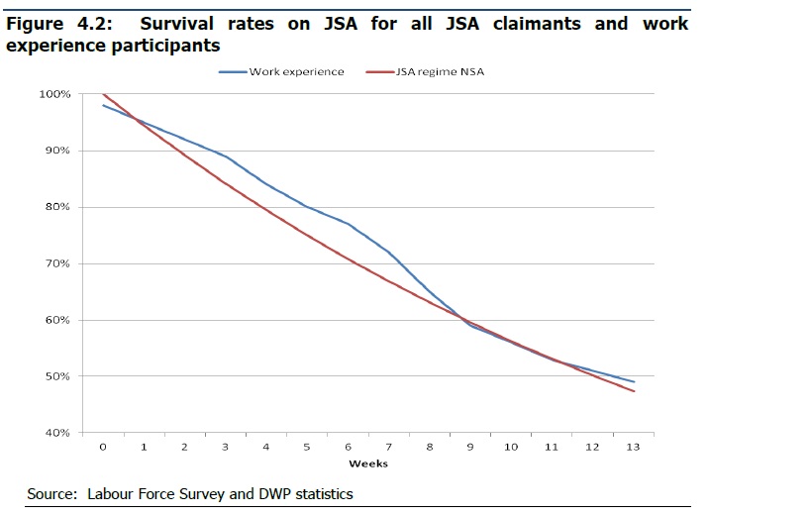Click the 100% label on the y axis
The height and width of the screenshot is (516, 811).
click(x=55, y=94)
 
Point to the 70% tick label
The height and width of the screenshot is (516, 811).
click(x=58, y=264)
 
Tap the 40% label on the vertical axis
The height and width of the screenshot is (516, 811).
click(x=58, y=433)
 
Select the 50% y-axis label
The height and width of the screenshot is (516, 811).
click(x=58, y=377)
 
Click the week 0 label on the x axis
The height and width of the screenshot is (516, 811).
click(x=103, y=448)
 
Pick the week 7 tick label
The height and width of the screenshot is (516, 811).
click(x=388, y=448)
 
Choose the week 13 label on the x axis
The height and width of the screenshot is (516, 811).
click(x=633, y=448)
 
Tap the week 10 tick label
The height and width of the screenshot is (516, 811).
click(x=511, y=448)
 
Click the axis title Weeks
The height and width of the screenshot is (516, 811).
click(x=367, y=464)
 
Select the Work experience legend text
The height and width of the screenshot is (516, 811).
click(x=296, y=72)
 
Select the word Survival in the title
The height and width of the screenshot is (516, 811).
click(x=184, y=24)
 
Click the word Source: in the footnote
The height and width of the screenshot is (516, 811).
click(x=52, y=493)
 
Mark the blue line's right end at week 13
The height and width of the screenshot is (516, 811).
click(x=634, y=382)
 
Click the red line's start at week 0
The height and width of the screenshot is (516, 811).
click(x=103, y=94)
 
